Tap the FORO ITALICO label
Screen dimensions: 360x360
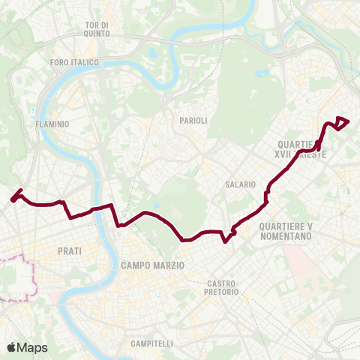coord(73,62)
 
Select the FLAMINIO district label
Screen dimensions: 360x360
coord(52,124)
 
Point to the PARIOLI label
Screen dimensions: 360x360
coord(193,120)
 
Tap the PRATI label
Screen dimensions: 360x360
coord(68,251)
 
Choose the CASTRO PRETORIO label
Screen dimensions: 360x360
coord(223,287)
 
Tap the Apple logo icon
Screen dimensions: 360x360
coord(11,347)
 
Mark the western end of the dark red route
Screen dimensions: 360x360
coord(13,199)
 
